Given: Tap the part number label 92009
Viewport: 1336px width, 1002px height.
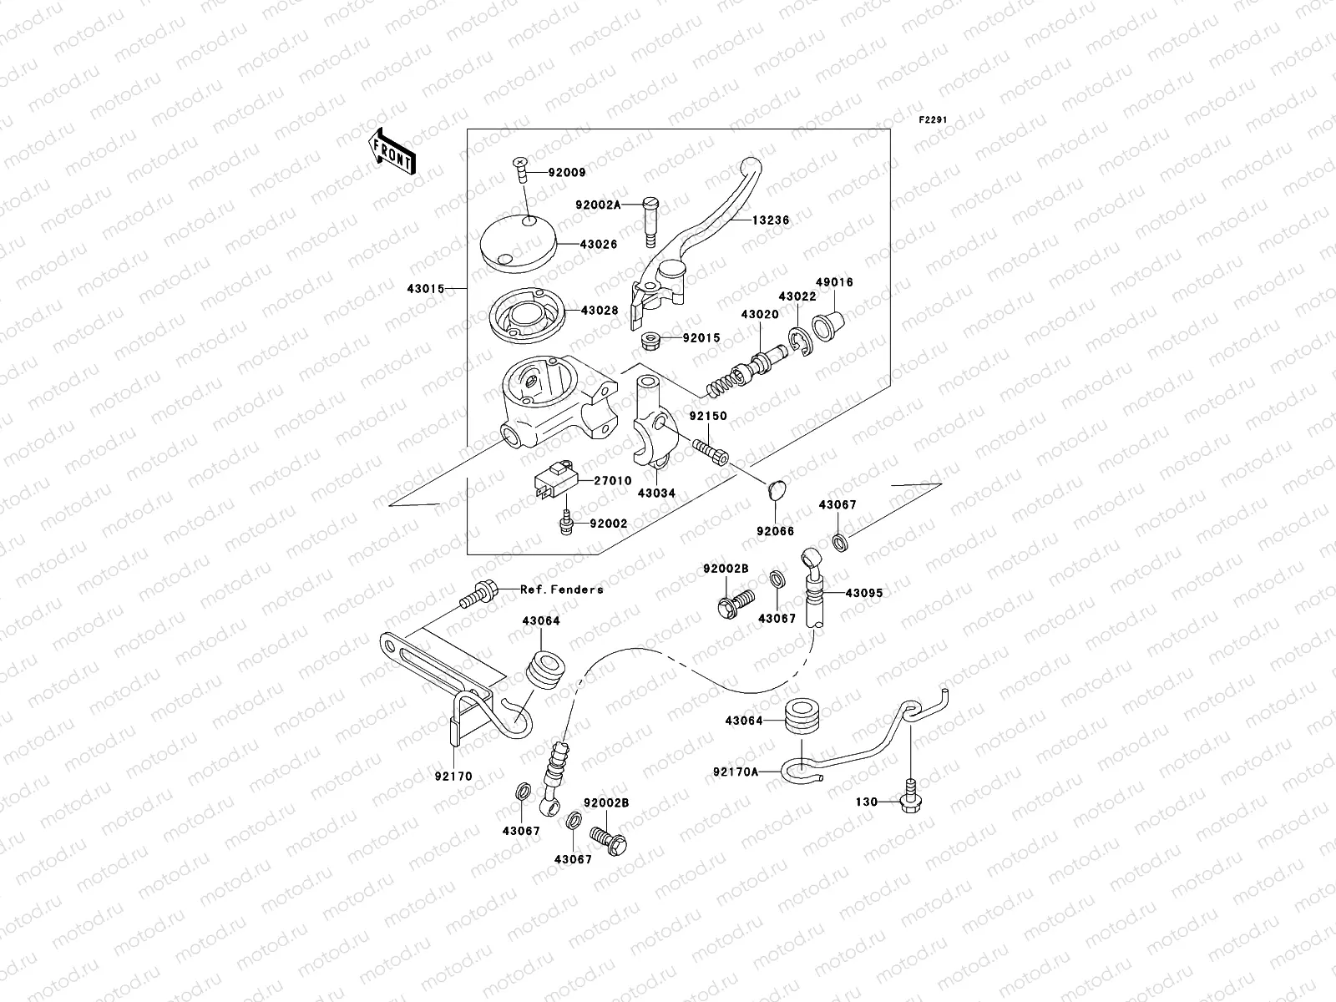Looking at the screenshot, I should coord(567,173).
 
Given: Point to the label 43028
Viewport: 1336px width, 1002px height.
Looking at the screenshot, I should coord(600,311).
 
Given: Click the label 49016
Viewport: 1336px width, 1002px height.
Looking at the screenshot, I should coord(835,283).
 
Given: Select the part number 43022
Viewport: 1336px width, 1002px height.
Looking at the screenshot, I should coord(797,296).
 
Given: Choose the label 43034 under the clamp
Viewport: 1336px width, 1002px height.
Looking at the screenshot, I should coord(656,493).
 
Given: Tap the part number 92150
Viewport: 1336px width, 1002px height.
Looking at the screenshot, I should coord(707,416).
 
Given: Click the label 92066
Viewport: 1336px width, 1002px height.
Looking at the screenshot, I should coord(776,531).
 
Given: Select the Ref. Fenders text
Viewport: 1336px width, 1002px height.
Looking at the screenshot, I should coord(561,590).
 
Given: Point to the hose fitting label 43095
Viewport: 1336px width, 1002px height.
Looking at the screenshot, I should coord(863,593).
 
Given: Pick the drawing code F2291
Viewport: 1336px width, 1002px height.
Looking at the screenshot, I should coord(935,119).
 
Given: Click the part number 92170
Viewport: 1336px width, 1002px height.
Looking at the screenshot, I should coord(453,777).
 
